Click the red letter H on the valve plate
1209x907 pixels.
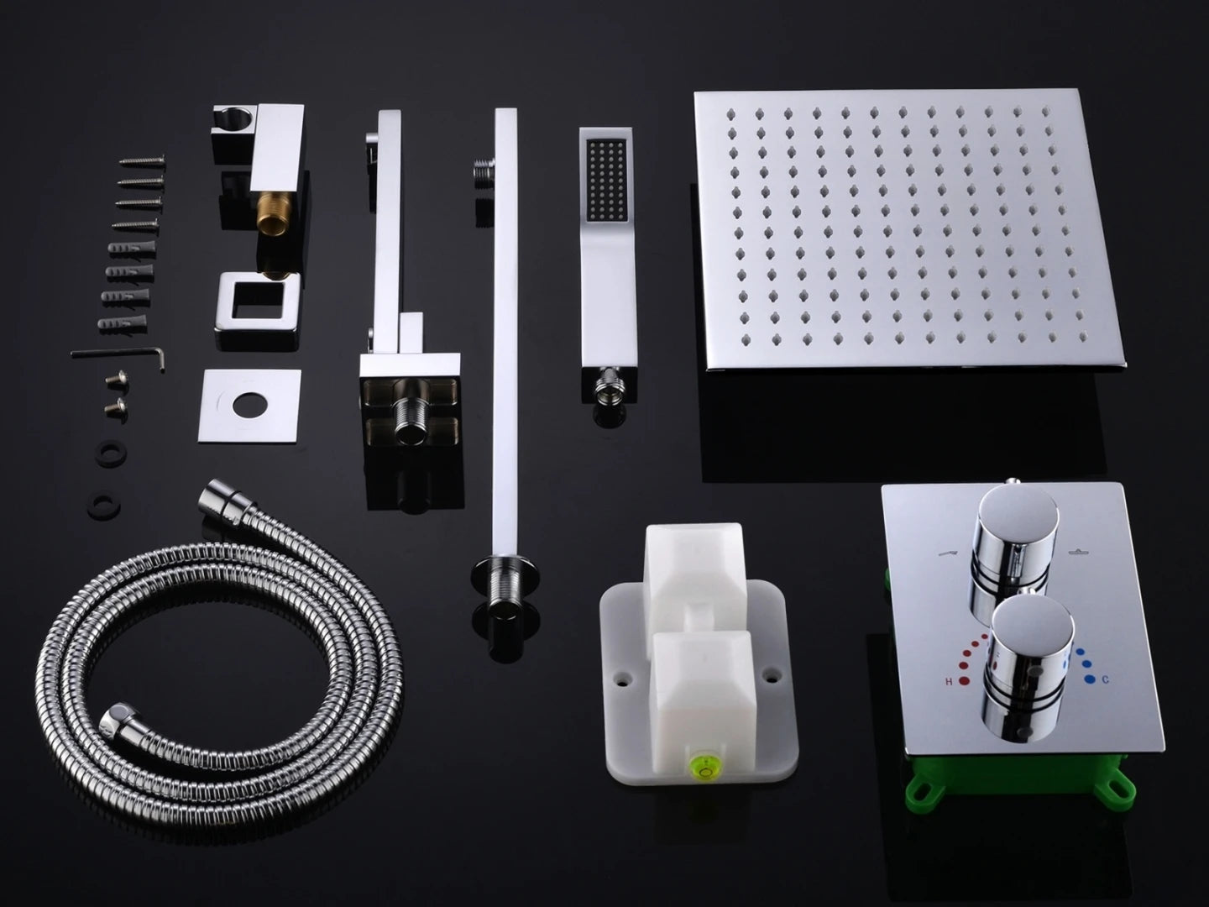tap(949, 682)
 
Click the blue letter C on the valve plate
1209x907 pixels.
tap(1104, 680)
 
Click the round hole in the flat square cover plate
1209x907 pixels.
tap(249, 406)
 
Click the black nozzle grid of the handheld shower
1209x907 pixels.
tap(608, 181)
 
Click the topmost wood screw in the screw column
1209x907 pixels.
tap(142, 160)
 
